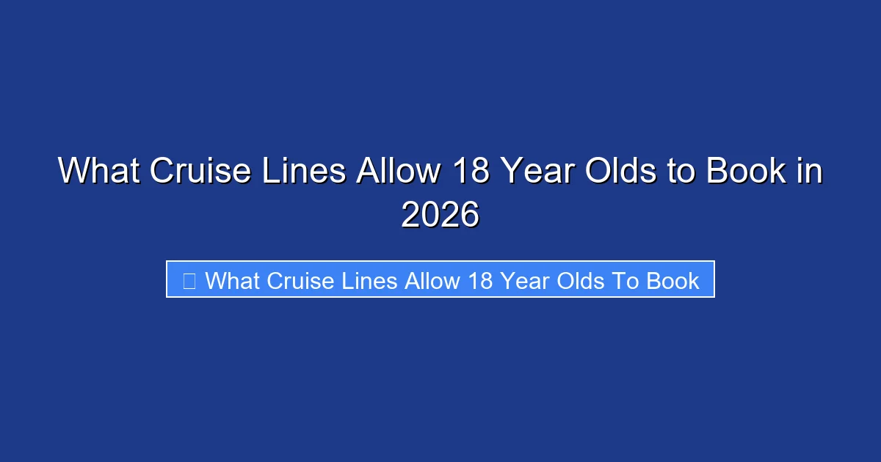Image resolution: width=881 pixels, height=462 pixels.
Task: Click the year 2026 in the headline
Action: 440,216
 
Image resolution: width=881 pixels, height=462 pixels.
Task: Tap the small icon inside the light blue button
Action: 189,280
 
